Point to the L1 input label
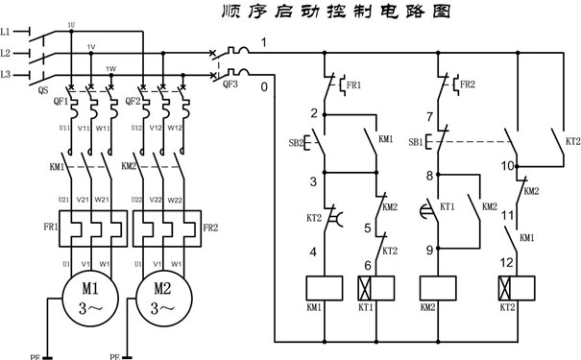8,32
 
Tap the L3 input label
8,74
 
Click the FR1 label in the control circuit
354,85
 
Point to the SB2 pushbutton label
296,144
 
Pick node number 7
431,118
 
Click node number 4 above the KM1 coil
313,252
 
